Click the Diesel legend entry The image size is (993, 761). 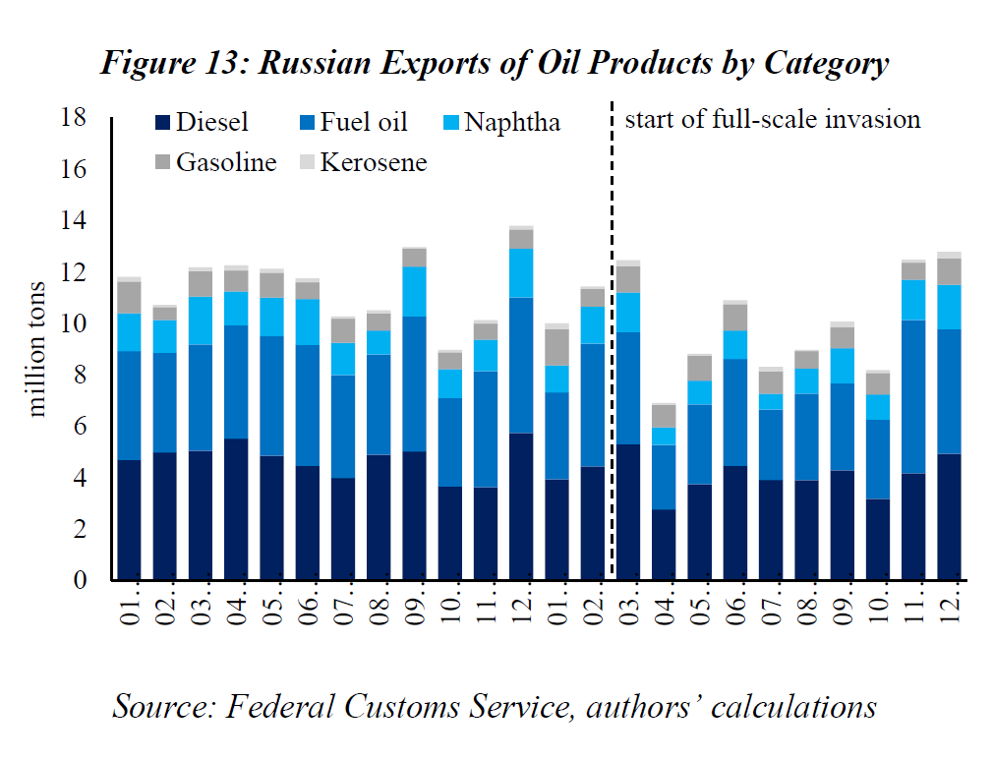pos(203,123)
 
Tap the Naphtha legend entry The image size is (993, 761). pos(500,123)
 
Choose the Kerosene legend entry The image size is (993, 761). pos(361,162)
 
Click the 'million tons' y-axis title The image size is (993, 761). pos(37,349)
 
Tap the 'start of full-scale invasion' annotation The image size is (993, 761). pos(773,120)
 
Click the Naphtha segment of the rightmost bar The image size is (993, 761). pos(949,307)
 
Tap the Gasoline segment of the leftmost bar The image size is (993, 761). pos(130,298)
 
